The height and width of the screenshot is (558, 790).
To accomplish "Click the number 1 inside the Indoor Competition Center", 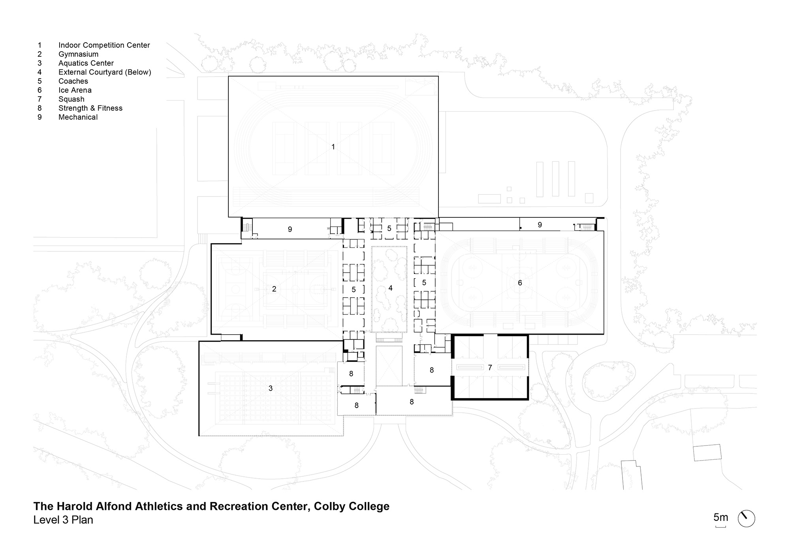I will (333, 147).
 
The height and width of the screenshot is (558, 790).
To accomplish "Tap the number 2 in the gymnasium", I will (274, 289).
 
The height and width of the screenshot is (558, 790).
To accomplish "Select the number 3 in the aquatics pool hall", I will (271, 388).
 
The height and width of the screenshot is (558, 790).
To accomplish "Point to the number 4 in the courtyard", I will (390, 288).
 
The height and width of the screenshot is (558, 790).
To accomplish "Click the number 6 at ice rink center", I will (520, 283).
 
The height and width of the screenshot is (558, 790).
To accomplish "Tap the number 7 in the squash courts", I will (490, 368).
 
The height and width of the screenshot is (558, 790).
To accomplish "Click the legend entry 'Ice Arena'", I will (75, 90).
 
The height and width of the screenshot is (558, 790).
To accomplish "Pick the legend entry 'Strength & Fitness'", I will (90, 108).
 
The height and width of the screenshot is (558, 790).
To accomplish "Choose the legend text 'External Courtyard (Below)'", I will (105, 72).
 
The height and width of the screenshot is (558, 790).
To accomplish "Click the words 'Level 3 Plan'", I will (63, 520).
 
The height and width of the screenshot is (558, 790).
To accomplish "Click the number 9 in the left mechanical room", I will (290, 229).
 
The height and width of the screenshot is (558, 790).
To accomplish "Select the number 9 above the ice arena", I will (540, 225).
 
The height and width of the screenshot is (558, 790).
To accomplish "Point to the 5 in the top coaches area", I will (389, 228).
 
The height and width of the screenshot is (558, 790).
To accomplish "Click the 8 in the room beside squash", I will (432, 370).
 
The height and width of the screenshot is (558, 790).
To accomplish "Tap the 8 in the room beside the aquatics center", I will (351, 373).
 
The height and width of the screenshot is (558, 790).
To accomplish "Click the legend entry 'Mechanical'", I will (78, 117).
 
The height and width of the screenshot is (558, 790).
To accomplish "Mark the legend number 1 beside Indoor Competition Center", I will (39, 45).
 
